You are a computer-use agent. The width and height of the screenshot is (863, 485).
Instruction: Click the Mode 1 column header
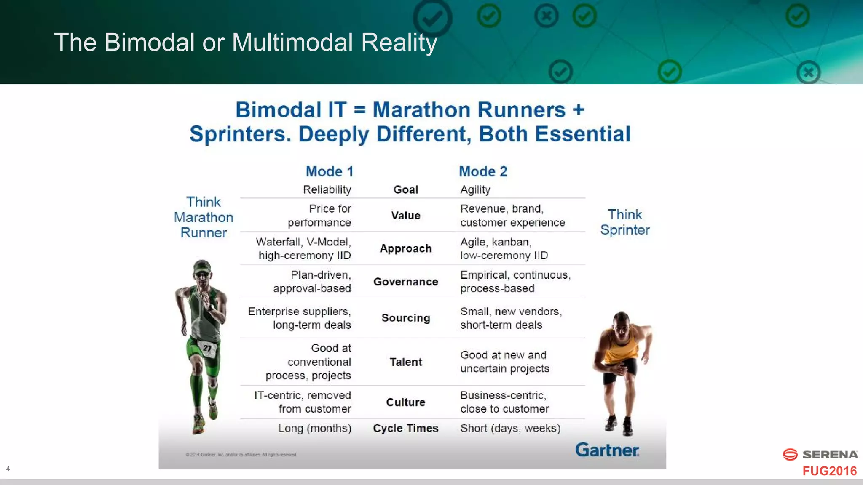329,171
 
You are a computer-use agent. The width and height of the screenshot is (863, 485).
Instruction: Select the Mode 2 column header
483,171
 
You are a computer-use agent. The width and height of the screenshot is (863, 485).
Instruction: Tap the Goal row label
406,190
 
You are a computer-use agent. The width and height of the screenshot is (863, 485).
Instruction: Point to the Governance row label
406,282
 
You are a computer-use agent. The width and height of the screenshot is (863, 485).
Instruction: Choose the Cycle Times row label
406,428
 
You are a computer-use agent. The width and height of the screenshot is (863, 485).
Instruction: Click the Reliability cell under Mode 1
327,190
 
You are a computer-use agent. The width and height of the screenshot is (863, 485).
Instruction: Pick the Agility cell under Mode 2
475,190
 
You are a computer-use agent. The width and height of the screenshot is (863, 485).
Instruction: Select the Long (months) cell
315,428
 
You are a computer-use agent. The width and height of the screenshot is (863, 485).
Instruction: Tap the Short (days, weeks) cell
510,428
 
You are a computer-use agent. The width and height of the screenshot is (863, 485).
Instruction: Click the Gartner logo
607,450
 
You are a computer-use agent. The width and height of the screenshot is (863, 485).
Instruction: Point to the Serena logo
820,455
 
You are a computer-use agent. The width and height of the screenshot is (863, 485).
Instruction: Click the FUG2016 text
829,471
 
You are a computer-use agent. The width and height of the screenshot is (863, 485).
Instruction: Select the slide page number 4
8,469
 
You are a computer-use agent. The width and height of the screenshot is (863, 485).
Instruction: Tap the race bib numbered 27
207,348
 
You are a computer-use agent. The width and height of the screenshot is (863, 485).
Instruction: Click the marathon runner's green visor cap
202,266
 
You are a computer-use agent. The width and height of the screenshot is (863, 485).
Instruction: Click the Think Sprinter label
625,222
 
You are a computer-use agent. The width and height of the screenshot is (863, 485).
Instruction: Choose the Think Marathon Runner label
204,217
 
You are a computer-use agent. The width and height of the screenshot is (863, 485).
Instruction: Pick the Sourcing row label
406,318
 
